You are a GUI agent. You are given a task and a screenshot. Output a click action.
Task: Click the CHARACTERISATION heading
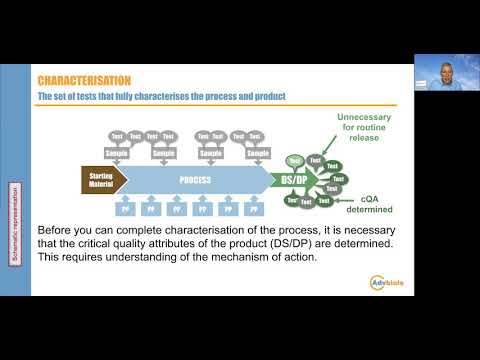[x=85, y=79]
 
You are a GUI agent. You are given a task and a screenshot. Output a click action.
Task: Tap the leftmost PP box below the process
[x=126, y=211]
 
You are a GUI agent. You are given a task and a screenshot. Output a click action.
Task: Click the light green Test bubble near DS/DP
[x=294, y=159]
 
